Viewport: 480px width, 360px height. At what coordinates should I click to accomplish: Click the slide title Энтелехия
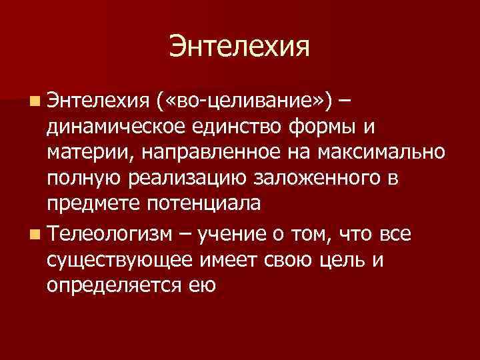point(240,47)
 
